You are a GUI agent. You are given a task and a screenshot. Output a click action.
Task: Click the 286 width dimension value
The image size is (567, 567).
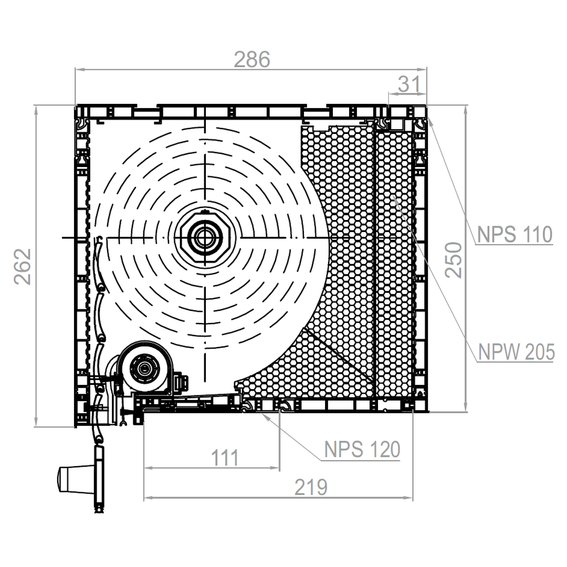point(252,59)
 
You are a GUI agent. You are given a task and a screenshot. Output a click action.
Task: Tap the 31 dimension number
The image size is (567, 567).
point(409,84)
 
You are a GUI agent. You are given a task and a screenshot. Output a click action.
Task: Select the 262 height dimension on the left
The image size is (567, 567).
point(23,267)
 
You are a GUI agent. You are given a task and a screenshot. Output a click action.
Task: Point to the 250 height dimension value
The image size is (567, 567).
point(454,260)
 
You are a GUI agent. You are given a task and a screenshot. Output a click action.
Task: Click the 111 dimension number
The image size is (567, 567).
point(225,458)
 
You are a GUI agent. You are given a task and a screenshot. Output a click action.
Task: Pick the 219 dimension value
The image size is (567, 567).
point(311,487)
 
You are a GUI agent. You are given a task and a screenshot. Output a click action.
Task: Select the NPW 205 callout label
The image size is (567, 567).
point(517,351)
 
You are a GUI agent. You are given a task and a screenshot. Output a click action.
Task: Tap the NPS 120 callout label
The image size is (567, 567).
point(362,449)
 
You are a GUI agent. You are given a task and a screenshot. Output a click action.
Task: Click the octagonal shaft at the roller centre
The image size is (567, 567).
point(205,238)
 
